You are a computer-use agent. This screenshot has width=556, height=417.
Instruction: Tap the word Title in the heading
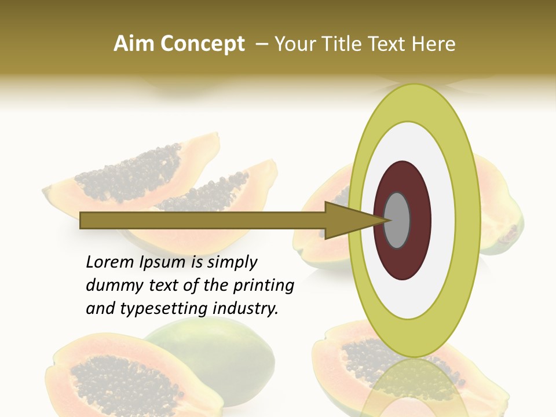348,44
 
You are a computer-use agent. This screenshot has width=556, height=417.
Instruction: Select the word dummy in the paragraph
110,286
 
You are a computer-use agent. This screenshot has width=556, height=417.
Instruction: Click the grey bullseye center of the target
397,220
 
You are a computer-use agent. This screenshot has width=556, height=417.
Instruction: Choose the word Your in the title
294,44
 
